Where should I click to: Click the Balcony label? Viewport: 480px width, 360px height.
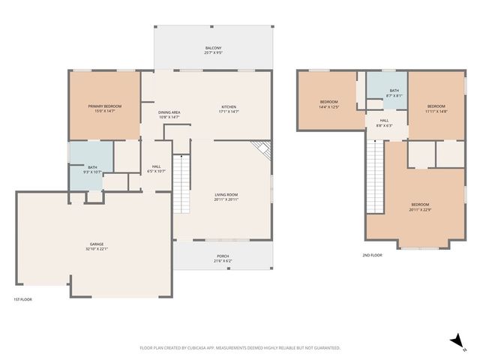coord(213,50)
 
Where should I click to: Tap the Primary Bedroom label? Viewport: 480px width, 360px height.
coord(104,109)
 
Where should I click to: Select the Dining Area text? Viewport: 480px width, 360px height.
coord(169,114)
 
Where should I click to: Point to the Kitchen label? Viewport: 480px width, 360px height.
coord(228,109)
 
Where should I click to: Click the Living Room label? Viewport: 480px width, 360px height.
coord(226,196)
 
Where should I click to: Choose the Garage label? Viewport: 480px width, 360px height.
coord(97,246)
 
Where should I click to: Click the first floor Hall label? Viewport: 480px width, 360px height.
coord(157,168)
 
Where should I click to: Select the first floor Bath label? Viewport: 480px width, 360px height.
coord(92,169)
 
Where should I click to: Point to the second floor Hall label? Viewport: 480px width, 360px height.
coord(384,122)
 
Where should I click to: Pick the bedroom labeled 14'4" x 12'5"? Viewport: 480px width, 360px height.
coord(329,104)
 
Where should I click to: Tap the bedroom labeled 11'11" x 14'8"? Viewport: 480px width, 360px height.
coord(436,108)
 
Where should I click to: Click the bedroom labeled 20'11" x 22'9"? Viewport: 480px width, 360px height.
coord(420,207)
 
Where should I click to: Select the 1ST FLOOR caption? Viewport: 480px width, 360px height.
coord(22,299)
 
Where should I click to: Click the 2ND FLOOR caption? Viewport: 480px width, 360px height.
coord(372,255)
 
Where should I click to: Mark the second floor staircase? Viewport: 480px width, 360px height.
coord(374,177)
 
